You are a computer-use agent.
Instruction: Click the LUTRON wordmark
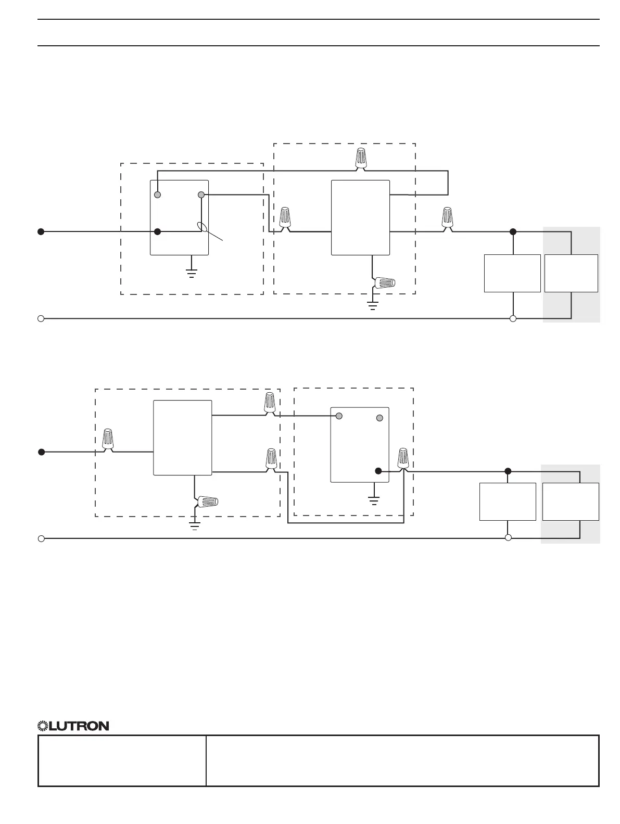click(x=79, y=726)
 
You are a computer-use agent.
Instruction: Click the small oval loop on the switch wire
click(x=202, y=227)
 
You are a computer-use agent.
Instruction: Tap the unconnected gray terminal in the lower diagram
click(x=379, y=418)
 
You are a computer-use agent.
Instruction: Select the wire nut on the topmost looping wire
click(x=360, y=158)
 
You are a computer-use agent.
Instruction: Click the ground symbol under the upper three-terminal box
click(x=192, y=273)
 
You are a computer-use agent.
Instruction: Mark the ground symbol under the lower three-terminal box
click(x=373, y=500)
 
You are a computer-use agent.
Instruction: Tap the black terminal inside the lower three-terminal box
click(x=378, y=471)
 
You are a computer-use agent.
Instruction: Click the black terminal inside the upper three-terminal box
click(x=158, y=232)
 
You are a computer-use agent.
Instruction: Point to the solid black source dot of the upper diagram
click(x=41, y=232)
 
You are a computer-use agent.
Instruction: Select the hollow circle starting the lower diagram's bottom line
click(x=41, y=538)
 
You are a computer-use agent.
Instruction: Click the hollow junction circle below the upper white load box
click(x=513, y=318)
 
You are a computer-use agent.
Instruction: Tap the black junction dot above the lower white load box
click(x=508, y=471)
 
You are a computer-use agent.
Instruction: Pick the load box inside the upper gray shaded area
click(x=571, y=273)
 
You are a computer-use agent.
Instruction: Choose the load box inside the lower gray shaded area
click(x=571, y=501)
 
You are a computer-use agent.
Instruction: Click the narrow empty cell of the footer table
click(x=122, y=760)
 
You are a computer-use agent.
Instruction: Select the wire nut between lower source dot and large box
click(x=108, y=440)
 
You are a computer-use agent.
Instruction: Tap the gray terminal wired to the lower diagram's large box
click(x=339, y=416)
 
